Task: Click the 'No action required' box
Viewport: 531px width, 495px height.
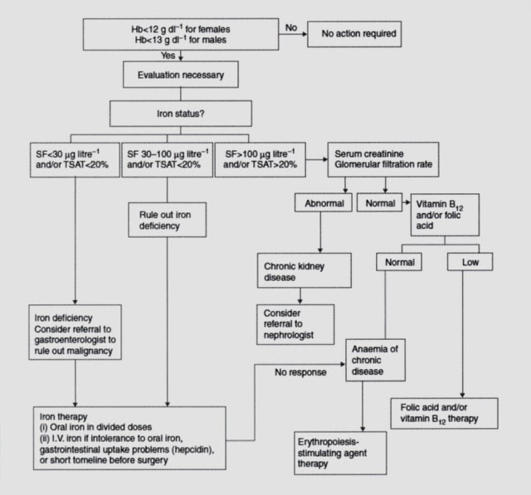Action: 354,34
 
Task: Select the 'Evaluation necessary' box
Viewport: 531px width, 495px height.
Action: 181,75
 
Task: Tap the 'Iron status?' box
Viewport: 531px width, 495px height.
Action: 181,114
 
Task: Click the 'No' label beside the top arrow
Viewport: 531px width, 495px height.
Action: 291,27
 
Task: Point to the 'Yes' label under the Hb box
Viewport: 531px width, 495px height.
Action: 168,56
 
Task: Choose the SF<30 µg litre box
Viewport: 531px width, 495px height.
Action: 75,160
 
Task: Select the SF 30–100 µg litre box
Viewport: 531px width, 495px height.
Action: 168,160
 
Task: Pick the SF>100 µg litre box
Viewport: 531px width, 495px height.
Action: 260,160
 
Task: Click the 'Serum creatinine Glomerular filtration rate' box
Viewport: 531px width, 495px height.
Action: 383,159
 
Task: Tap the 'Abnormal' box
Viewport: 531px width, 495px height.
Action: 324,202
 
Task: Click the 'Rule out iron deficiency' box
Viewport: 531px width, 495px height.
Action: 168,220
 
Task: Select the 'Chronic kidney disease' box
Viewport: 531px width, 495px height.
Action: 304,270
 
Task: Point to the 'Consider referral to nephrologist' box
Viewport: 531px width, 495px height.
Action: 295,324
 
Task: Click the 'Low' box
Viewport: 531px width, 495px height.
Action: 470,262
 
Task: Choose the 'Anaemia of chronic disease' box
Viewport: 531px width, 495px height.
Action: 375,360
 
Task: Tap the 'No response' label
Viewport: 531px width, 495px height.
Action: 300,372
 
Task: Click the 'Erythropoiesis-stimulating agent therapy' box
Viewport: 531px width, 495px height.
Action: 340,453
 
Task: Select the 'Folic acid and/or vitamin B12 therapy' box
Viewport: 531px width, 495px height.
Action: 445,414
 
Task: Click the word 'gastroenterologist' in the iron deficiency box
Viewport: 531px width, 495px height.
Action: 75,340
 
